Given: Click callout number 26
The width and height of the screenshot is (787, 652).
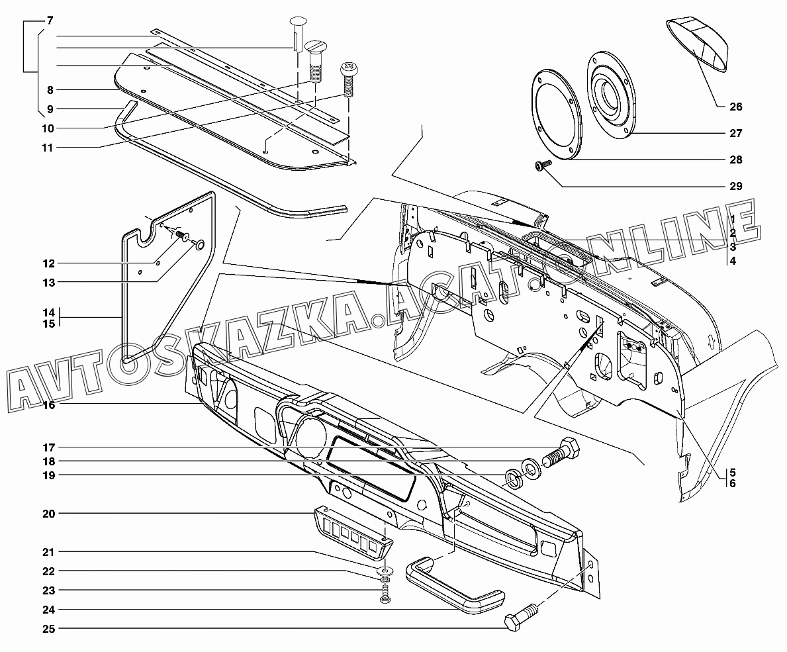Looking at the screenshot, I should coord(736,107).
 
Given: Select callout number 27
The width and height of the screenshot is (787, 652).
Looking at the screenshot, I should coord(736,133).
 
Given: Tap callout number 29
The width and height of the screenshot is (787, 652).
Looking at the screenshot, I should coord(736,186).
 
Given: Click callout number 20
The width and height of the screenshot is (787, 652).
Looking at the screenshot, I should coord(50,514).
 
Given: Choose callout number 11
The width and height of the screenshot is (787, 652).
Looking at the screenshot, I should coord(50,147).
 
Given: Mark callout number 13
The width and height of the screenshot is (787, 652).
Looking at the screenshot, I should coord(50,282).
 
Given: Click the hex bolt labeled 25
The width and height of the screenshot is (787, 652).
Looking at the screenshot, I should coord(522,618).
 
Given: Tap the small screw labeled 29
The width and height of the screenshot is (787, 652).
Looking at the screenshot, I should coord(539,166).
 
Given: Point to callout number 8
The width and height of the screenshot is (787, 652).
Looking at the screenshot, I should coord(50,89).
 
